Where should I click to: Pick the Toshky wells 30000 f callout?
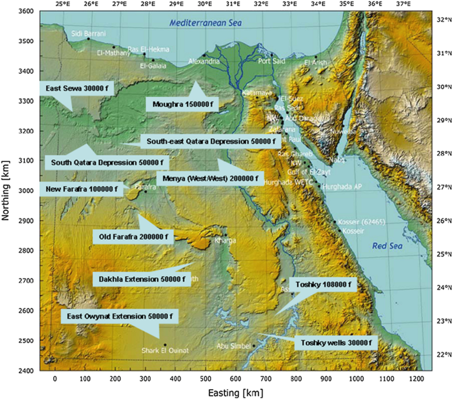pos(335,343)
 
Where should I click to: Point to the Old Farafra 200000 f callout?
pos(134,236)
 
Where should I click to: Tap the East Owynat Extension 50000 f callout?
pos(119,317)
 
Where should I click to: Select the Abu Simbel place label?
pos(233,346)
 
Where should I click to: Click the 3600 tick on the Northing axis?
pos(25,11)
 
